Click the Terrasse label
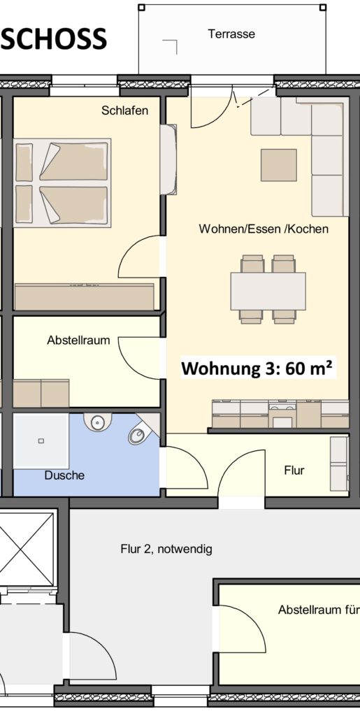click(x=231, y=34)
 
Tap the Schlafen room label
click(x=125, y=110)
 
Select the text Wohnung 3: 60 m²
click(x=257, y=368)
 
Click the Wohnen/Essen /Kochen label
click(x=264, y=229)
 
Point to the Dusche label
click(x=64, y=475)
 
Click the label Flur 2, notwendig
click(x=166, y=549)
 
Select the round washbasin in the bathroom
click(x=97, y=420)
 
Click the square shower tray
click(x=41, y=441)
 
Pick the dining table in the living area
click(x=268, y=291)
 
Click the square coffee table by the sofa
click(x=278, y=165)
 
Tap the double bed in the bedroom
click(x=62, y=182)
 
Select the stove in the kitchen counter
click(x=282, y=415)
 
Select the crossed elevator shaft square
click(x=27, y=550)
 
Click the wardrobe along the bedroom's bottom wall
click(x=85, y=296)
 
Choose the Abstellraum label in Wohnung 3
click(x=78, y=341)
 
